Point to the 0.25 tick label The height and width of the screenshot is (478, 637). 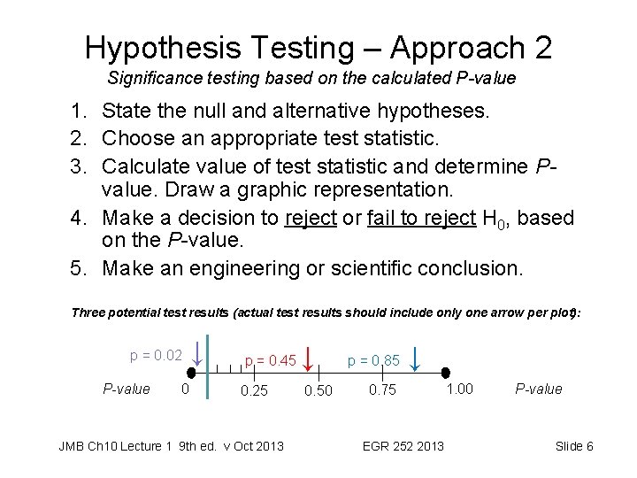point(254,390)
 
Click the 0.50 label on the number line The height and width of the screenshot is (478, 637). point(318,390)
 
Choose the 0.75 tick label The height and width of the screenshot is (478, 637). point(383,390)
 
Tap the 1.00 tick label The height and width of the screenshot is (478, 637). point(459,389)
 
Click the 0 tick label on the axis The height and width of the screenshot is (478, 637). point(184,389)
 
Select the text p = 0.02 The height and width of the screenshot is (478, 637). point(156,356)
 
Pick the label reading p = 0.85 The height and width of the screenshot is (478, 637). point(373,360)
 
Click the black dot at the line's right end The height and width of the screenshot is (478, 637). point(447,374)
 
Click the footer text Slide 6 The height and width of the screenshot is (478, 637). point(574,445)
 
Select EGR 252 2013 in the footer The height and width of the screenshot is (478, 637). point(404,445)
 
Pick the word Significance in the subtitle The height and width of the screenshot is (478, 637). point(148,78)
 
